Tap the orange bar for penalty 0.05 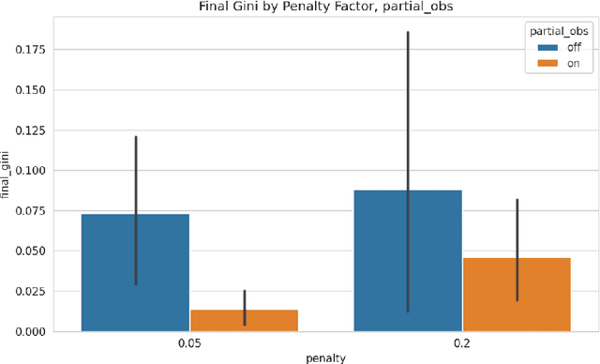(244, 320)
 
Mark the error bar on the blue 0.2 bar (408, 113)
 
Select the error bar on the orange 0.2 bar (517, 235)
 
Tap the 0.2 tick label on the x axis (462, 343)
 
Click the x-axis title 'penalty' (326, 357)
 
